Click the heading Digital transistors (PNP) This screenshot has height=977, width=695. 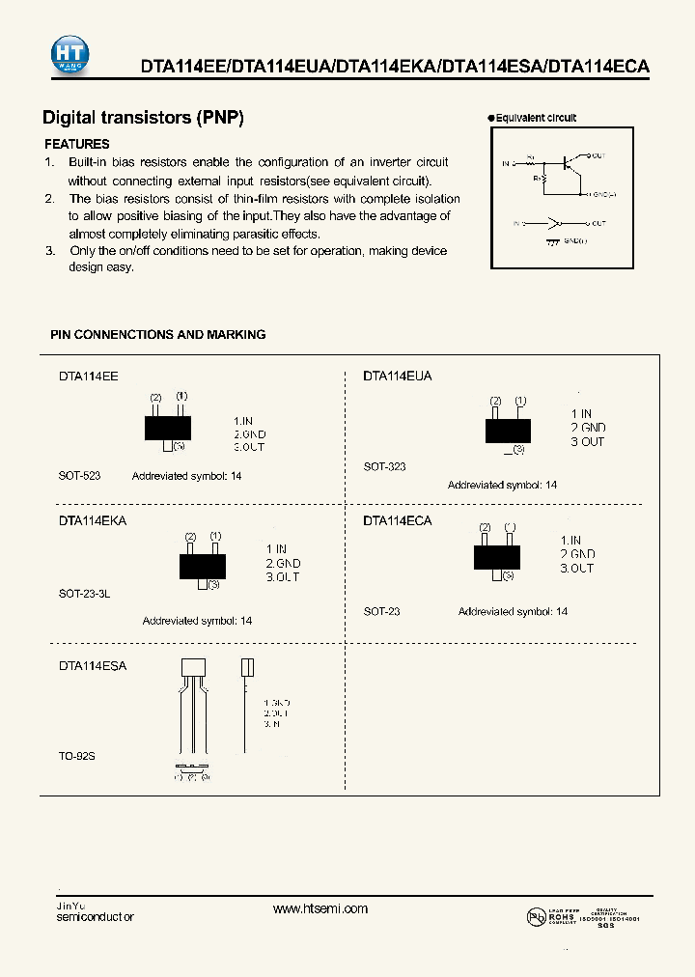[143, 118]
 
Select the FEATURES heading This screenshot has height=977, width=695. [77, 144]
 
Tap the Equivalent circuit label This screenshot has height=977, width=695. [536, 118]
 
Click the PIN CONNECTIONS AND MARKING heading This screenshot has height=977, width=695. [157, 334]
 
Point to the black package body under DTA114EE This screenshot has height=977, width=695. [168, 427]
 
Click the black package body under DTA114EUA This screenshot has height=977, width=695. [507, 431]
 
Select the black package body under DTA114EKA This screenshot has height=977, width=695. [202, 566]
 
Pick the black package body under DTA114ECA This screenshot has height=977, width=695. [496, 556]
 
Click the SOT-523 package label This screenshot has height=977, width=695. [79, 476]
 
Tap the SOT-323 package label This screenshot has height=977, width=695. [384, 466]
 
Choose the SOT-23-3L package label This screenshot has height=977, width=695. [84, 595]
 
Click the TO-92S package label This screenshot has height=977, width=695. [77, 757]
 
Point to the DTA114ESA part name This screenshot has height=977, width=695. [93, 665]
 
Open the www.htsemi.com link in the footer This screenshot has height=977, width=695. [320, 908]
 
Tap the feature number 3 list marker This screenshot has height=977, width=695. [49, 251]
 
